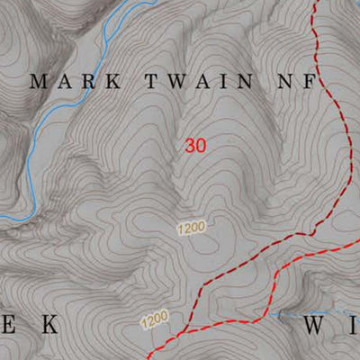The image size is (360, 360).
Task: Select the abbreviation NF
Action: coord(298,81)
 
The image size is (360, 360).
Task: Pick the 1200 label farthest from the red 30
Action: coord(155,319)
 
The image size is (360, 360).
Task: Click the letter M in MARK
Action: coord(39,81)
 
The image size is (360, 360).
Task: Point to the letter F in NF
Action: coord(310,81)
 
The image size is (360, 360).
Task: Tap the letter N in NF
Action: coord(287,81)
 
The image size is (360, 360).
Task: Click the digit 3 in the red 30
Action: coord(191,145)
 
